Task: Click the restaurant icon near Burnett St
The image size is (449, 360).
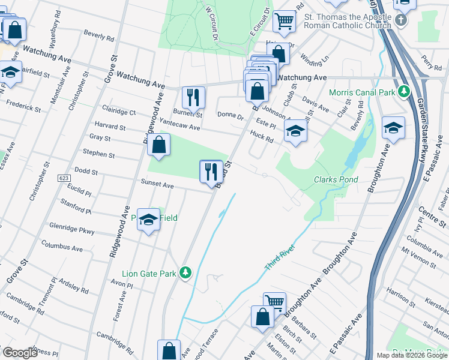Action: tap(193, 97)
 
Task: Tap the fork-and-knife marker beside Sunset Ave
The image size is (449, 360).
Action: tap(211, 172)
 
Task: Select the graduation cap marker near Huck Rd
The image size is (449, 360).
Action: tap(295, 132)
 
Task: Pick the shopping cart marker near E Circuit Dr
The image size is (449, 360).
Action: tap(284, 21)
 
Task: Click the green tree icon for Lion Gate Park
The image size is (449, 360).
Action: tap(186, 273)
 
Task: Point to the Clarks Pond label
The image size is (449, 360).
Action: tap(336, 179)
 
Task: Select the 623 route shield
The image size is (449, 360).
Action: tap(64, 178)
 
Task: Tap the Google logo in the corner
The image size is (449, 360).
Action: tap(20, 352)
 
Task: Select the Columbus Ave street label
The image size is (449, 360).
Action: tap(62, 246)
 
